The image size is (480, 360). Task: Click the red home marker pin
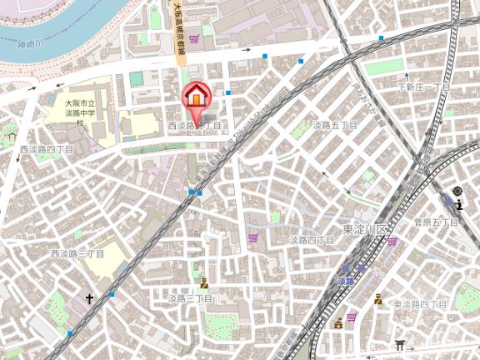point(196,96)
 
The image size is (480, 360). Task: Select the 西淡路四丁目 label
point(46,148)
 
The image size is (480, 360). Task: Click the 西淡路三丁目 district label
point(77,253)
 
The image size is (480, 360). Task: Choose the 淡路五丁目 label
point(335,125)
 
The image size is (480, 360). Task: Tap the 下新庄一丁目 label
point(423,87)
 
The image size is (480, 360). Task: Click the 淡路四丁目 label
point(311,240)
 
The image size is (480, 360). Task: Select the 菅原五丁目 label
point(436,222)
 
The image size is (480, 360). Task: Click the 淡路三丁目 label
point(189,298)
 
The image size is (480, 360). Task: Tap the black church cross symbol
point(89,297)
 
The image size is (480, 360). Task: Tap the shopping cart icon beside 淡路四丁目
point(253,238)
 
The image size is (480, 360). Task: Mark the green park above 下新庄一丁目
point(384,65)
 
